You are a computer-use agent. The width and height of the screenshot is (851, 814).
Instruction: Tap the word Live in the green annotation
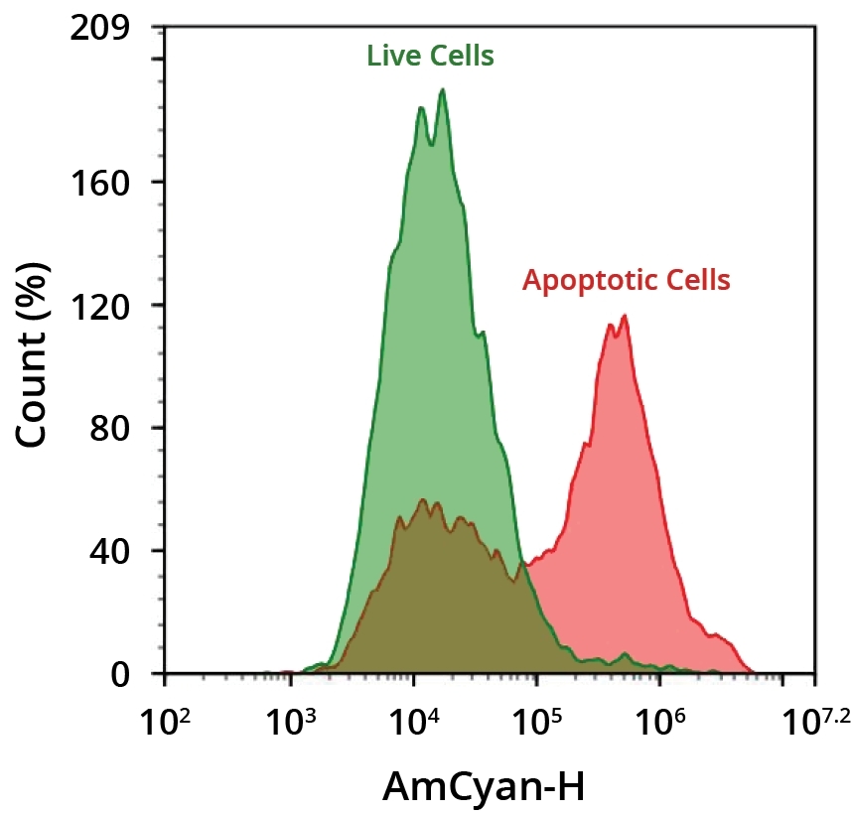click(x=388, y=57)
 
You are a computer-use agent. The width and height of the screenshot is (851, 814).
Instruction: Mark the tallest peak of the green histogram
click(x=442, y=91)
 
